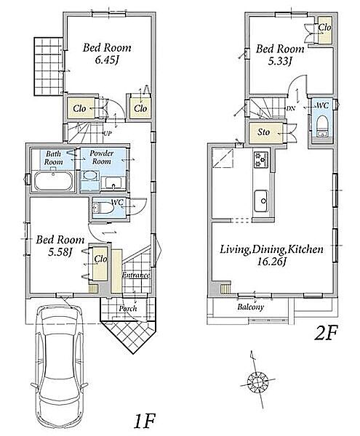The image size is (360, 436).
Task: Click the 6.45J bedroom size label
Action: (107, 60)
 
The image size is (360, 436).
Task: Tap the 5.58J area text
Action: (60, 252)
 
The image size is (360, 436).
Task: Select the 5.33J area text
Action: (279, 61)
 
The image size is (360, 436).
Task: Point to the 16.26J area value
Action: (271, 262)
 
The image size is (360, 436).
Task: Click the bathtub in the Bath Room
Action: (52, 181)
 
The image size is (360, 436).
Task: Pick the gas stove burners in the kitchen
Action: (261, 160)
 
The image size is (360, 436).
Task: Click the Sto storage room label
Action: (263, 132)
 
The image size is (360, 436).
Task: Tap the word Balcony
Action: (250, 307)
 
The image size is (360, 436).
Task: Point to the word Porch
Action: (128, 308)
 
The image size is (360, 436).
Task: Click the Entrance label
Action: (136, 275)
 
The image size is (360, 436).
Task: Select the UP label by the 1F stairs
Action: (108, 134)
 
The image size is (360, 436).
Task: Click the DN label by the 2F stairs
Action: (290, 108)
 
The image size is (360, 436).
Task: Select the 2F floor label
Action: (326, 334)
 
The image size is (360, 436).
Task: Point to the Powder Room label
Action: (101, 157)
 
